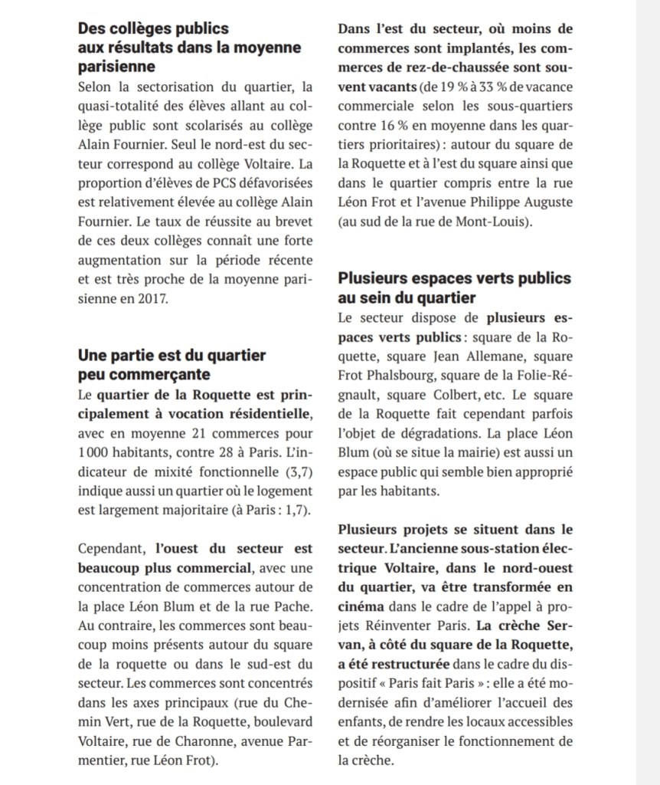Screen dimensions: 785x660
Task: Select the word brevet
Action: (x=294, y=222)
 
